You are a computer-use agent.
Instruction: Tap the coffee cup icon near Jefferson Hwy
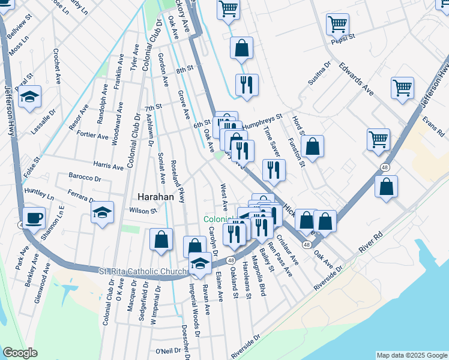coord(34,217)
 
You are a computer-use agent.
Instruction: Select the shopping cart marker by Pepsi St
coord(337,25)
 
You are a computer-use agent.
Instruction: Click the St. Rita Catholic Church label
coord(143,272)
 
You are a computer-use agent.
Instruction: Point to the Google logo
coord(19,352)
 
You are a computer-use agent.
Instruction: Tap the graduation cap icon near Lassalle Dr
coord(29,96)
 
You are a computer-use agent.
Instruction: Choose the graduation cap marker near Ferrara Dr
coord(103,212)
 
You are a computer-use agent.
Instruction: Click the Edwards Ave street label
coord(356,79)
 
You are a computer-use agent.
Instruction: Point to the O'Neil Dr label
coord(168,351)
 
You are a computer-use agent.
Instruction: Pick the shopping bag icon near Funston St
coord(312,146)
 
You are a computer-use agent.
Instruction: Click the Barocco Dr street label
coord(85,178)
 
